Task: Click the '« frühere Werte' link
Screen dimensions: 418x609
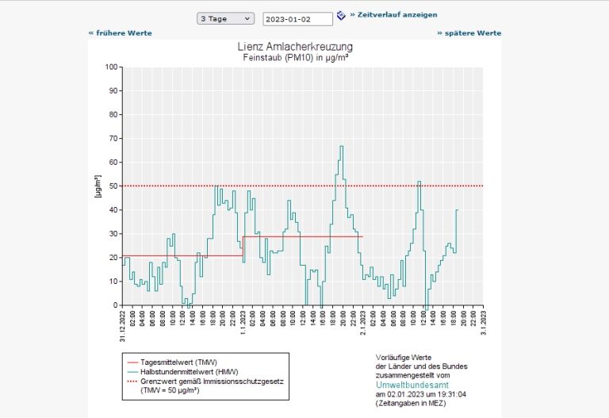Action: click(x=120, y=33)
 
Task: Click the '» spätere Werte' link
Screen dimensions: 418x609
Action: click(x=469, y=33)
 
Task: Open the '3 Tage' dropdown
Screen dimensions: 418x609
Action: click(x=226, y=17)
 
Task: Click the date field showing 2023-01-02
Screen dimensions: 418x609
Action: click(x=297, y=18)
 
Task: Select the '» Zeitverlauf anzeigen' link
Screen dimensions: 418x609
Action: click(x=393, y=14)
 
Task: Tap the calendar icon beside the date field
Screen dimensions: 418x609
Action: click(x=341, y=15)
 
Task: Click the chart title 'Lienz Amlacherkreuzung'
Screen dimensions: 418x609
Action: click(x=301, y=48)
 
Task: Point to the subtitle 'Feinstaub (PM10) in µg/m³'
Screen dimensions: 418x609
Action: click(x=301, y=58)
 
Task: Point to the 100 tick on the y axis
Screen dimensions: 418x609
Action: click(x=112, y=67)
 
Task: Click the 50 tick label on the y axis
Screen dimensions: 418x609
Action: click(x=113, y=186)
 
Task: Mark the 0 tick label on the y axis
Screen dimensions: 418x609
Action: click(x=116, y=305)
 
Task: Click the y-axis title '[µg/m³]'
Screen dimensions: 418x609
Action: click(x=98, y=186)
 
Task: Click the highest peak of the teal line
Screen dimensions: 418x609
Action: click(x=342, y=146)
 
